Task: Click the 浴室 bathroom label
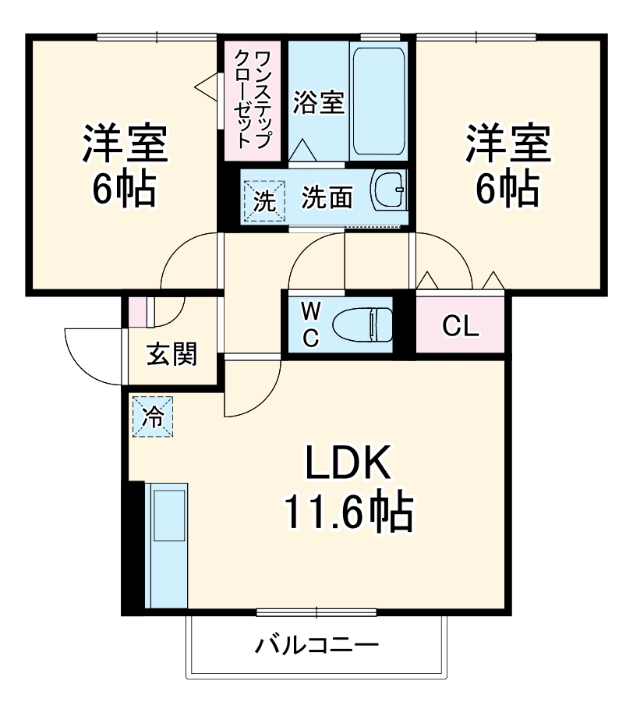click(319, 103)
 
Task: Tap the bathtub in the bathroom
click(378, 101)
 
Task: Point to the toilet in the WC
click(362, 324)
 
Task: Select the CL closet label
click(460, 327)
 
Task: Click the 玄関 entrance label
click(172, 355)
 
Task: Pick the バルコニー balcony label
click(317, 646)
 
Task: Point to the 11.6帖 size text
click(347, 512)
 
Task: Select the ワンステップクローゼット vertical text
click(252, 99)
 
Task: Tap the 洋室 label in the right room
click(508, 143)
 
